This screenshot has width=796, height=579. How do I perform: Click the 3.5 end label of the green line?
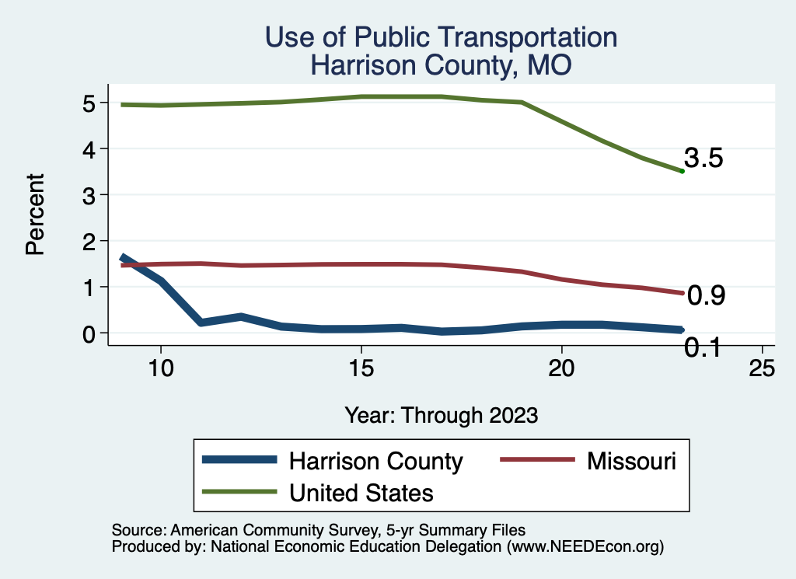click(704, 159)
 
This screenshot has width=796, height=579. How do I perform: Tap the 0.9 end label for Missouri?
click(707, 295)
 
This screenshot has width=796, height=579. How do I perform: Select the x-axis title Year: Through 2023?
click(441, 415)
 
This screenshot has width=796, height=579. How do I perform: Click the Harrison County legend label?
click(375, 461)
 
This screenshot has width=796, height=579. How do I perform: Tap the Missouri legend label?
click(631, 461)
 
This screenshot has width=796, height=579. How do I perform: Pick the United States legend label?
click(361, 492)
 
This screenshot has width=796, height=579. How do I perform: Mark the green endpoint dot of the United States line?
click(682, 171)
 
